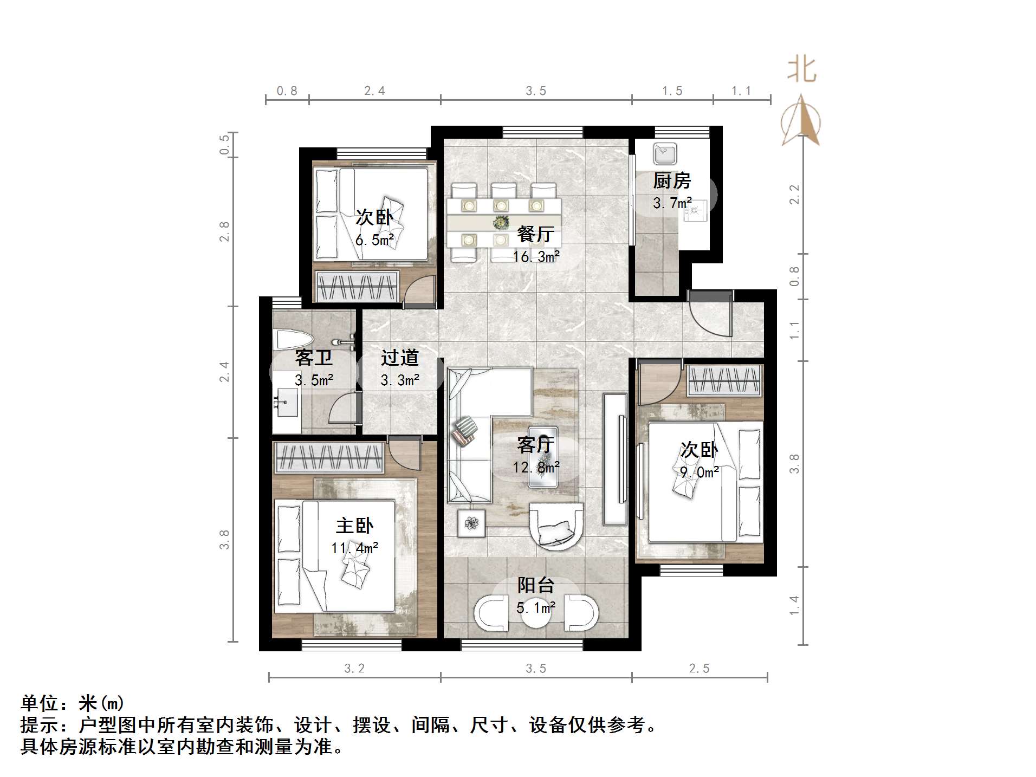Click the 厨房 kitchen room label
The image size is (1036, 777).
click(x=671, y=180)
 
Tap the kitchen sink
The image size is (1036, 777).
click(x=664, y=154)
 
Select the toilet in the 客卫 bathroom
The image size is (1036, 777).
click(x=293, y=340)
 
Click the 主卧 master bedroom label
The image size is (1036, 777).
click(x=354, y=526)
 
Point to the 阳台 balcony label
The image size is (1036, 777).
click(x=535, y=585)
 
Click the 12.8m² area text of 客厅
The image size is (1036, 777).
click(x=536, y=467)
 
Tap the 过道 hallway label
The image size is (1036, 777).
click(x=400, y=358)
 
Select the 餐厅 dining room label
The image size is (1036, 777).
click(x=535, y=234)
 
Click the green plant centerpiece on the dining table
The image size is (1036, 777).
click(x=501, y=222)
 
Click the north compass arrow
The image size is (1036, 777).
click(x=801, y=121)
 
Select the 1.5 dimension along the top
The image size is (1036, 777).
click(x=672, y=91)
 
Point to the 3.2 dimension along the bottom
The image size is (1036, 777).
click(x=354, y=669)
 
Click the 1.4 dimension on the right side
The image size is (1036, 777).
click(x=794, y=605)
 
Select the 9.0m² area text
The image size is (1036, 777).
click(x=700, y=472)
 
